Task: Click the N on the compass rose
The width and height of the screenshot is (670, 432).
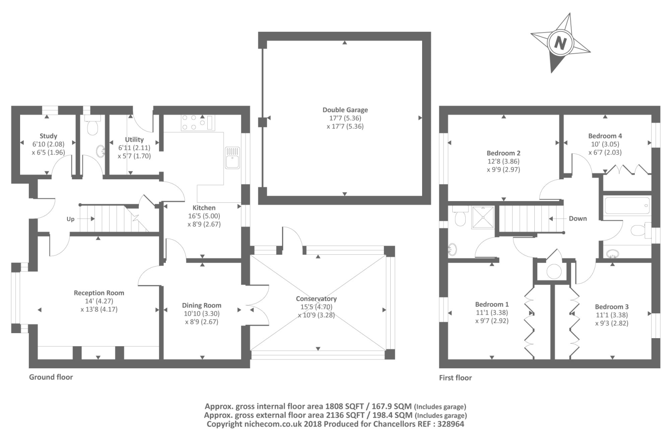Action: coord(560,43)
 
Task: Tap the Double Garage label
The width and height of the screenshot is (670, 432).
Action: coord(345,110)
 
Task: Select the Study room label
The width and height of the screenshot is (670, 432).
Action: coord(48,136)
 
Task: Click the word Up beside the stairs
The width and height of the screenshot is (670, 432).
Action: coord(70,219)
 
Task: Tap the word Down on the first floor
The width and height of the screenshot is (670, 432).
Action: coord(577,219)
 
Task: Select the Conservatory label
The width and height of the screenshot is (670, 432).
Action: coord(316,298)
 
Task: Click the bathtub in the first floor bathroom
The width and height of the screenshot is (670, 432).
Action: coord(627,205)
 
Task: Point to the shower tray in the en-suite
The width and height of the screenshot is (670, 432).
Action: coord(483,217)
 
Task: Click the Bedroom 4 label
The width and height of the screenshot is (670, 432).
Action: coord(605,136)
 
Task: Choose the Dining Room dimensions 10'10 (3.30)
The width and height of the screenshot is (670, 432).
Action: coord(201,314)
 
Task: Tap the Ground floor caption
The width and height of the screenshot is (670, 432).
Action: coord(51,377)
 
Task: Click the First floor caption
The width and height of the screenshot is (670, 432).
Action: coord(455,378)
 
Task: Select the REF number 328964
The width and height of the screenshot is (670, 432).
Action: coord(451,424)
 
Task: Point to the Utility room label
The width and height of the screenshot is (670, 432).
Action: coord(134,140)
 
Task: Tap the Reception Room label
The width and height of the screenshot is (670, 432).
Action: coord(99,293)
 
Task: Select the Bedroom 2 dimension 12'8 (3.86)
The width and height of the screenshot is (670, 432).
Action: coord(503,161)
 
